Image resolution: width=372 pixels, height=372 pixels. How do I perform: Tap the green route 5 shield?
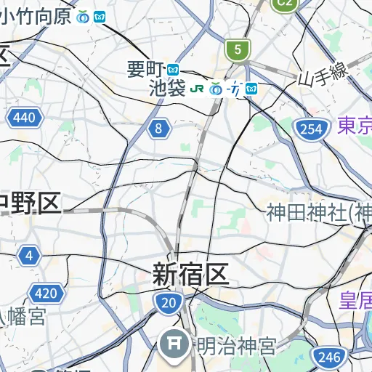236,50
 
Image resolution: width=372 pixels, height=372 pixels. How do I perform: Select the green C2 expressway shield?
285,3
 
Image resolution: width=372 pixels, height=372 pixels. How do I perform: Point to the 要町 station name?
145,70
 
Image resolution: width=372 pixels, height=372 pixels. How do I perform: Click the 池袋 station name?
167,89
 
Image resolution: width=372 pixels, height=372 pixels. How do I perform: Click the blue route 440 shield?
23,118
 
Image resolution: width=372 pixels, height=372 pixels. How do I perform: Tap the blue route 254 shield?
310,129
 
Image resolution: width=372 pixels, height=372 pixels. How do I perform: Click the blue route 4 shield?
29,256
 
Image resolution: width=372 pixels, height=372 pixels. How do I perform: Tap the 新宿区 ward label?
190,274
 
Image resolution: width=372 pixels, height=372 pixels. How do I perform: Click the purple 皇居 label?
356,299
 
